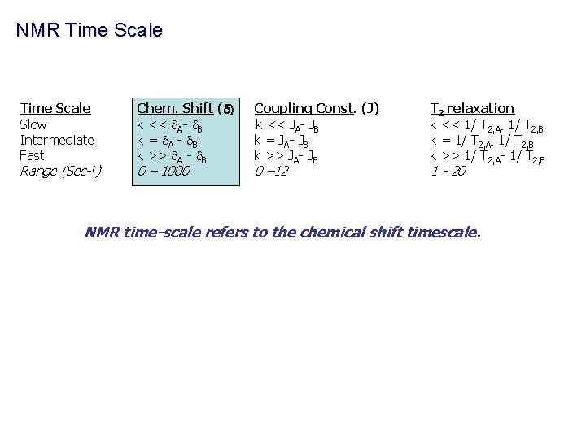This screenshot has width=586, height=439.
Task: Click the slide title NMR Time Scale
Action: point(90,31)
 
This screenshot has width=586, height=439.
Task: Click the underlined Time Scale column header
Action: point(55,108)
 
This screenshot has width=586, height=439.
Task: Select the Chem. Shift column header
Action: point(186,108)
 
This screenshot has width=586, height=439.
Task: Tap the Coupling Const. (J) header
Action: point(317,108)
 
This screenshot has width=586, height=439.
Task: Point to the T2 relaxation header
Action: point(472,108)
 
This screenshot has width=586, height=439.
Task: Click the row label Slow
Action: point(33,124)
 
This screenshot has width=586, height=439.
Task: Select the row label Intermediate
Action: point(57,140)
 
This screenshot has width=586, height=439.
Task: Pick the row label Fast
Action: point(32,155)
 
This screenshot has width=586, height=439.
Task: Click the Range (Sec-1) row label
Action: point(61,171)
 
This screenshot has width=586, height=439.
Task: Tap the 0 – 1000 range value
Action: point(164,171)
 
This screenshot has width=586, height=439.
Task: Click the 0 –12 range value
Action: point(271,171)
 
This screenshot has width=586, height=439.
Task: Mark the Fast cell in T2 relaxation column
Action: point(487,156)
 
